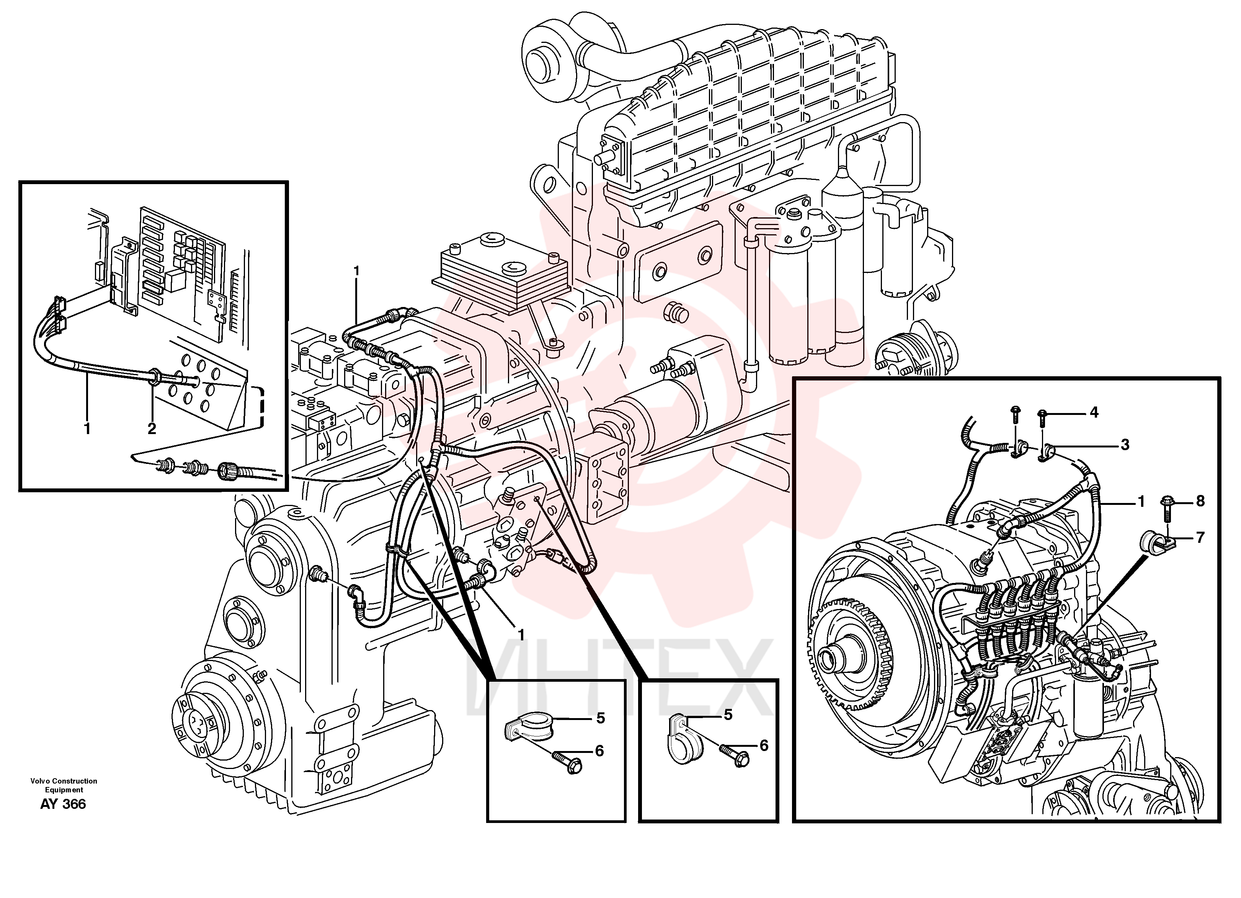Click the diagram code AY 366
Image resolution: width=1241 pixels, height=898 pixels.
click(x=63, y=804)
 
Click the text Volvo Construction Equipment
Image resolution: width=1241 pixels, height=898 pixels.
click(x=64, y=785)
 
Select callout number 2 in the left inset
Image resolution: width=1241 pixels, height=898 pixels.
click(x=152, y=428)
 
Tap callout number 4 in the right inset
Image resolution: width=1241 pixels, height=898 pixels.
click(x=1094, y=412)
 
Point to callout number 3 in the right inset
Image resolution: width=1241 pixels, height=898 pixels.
click(x=1125, y=444)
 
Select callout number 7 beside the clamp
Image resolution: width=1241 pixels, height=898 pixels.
click(x=1200, y=537)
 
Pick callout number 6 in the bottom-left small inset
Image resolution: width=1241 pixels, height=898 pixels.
click(x=599, y=751)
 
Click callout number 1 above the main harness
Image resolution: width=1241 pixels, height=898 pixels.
click(x=357, y=271)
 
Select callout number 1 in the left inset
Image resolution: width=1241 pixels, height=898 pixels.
click(x=87, y=428)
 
